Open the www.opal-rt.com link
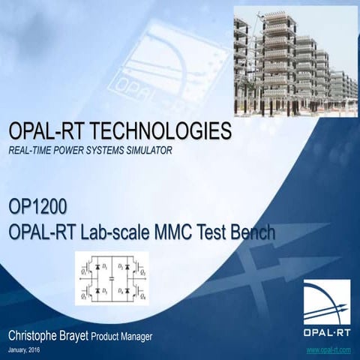coord(328,350)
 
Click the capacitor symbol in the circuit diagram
coord(111,277)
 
